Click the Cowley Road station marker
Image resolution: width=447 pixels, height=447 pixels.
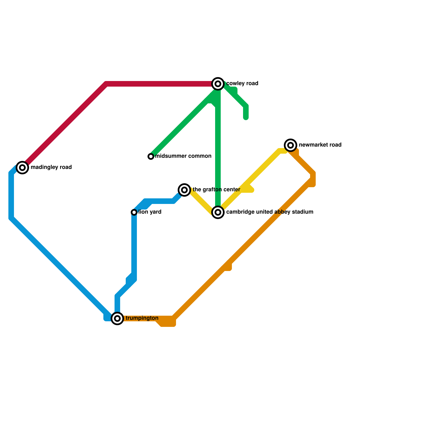point(218,84)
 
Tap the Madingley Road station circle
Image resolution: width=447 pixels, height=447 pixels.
point(22,168)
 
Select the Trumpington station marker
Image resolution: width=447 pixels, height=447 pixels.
point(117,318)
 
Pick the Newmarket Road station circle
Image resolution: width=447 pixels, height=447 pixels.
point(291,145)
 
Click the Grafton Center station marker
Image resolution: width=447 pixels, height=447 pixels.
point(184,190)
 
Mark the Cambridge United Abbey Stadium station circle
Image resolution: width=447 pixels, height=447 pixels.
point(218,212)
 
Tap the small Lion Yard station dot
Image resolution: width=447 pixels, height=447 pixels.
point(134,212)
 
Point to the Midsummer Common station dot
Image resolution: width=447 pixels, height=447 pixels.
point(151,156)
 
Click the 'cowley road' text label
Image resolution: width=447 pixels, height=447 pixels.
point(242,84)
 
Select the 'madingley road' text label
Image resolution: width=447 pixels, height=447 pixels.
point(51,167)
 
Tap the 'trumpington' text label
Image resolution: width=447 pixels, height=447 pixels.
point(142,318)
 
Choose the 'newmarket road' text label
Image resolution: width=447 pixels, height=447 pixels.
point(320,145)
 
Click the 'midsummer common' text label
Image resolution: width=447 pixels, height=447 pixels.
point(183,156)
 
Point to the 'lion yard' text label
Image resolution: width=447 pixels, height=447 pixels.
point(150,212)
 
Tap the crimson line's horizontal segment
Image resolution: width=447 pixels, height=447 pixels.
point(159,84)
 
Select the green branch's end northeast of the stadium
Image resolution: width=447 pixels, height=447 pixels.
point(246,117)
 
